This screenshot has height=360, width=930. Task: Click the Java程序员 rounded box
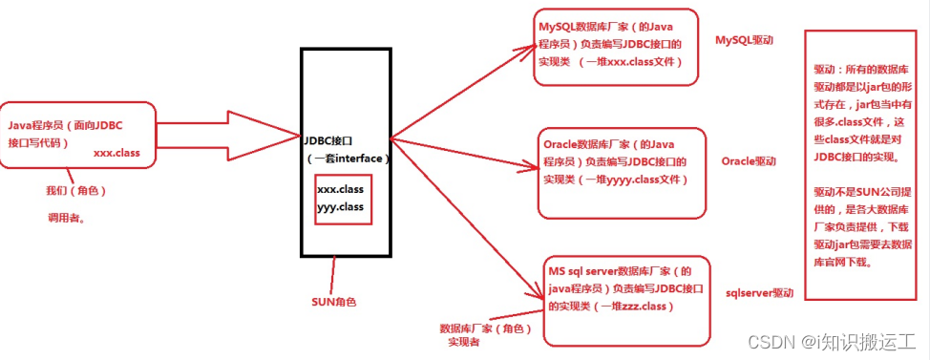pyautogui.click(x=79, y=135)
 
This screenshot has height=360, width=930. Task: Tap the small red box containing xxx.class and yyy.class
pyautogui.click(x=340, y=198)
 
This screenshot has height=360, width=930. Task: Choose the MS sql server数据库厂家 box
pyautogui.click(x=626, y=300)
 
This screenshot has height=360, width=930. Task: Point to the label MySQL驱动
pyautogui.click(x=744, y=41)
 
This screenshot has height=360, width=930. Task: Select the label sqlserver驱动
pyautogui.click(x=759, y=292)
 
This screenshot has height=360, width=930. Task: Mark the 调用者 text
pyautogui.click(x=66, y=218)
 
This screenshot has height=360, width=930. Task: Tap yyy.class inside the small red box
pyautogui.click(x=340, y=205)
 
